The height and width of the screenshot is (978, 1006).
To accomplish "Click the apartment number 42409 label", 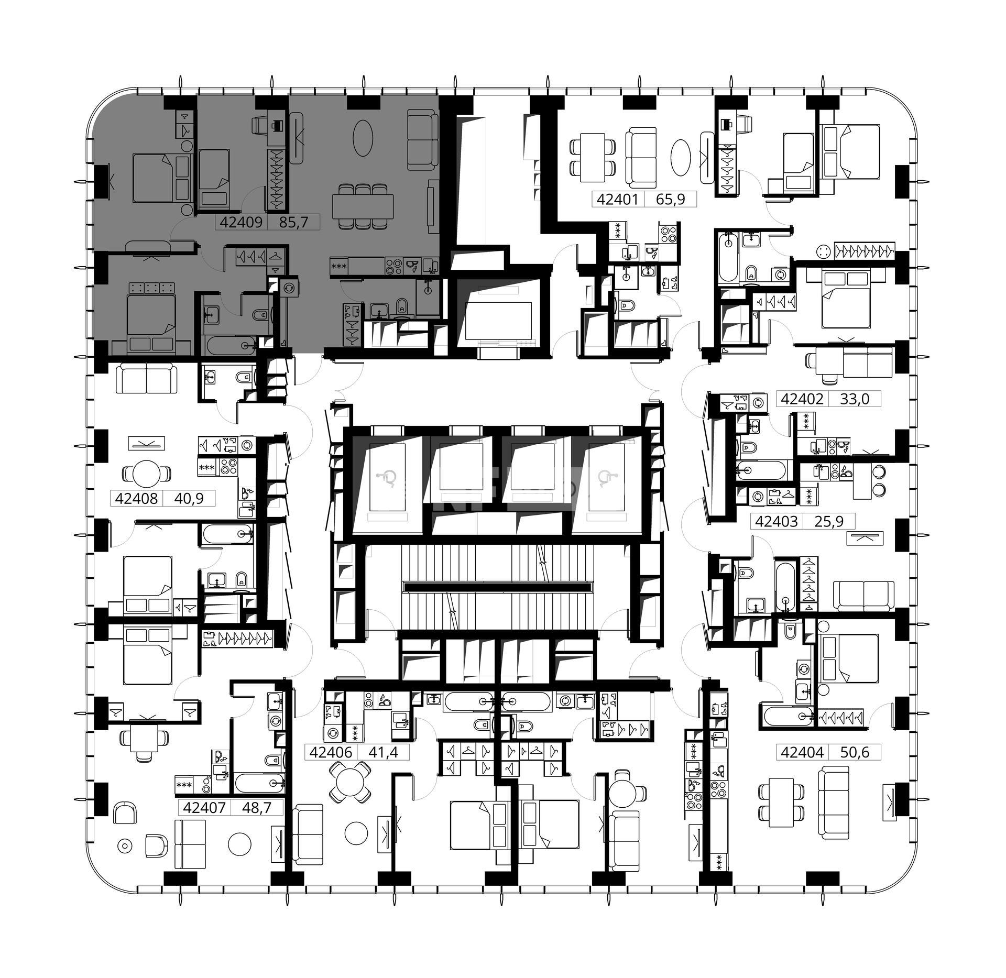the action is [241, 222].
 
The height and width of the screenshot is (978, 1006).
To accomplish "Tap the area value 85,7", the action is [293, 222].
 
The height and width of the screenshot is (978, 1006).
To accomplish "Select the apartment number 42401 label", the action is [617, 200].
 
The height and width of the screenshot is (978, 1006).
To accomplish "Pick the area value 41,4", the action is [384, 752].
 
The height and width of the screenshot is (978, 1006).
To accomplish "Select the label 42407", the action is [204, 808].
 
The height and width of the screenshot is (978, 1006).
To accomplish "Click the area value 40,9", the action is [189, 498].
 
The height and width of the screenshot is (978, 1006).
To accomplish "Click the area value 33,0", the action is [855, 399].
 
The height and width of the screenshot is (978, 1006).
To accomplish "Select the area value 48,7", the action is [257, 808].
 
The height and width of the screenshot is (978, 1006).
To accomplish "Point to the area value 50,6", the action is [855, 752].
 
